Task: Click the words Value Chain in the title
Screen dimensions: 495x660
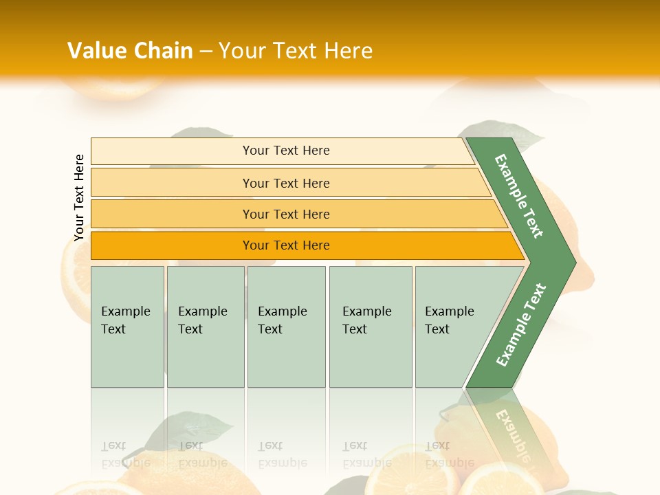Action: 130,51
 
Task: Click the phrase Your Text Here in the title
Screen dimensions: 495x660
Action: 296,51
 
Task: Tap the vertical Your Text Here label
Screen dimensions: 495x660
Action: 79,197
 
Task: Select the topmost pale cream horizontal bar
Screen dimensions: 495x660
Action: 172,151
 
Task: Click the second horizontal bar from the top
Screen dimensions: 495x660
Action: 172,183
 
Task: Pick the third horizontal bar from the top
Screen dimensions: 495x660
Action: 172,214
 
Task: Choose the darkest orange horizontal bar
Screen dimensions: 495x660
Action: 172,245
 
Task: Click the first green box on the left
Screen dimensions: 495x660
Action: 127,357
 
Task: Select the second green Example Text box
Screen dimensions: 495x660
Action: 205,357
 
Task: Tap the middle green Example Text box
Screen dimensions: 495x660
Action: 286,357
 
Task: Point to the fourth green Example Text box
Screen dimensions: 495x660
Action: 371,357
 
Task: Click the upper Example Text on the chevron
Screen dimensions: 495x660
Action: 519,196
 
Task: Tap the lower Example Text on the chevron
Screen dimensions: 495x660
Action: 520,324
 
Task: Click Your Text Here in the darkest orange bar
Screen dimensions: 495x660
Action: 286,245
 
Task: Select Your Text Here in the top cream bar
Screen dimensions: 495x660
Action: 286,151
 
